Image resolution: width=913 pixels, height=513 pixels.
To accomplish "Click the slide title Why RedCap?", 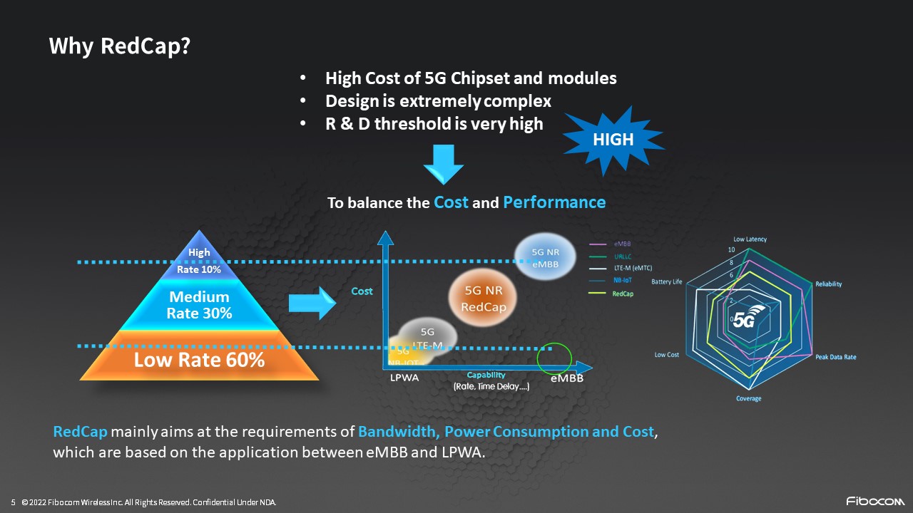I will [119, 46].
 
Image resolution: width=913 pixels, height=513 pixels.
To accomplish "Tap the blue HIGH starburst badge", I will [613, 140].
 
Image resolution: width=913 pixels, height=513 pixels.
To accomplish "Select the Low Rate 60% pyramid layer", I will [199, 360].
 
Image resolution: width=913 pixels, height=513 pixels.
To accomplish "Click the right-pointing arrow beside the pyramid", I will [312, 304].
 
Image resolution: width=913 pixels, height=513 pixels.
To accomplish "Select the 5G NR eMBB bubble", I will [545, 259].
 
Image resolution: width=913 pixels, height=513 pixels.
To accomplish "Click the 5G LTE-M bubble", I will [427, 337].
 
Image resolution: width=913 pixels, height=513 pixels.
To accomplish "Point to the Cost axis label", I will [362, 291].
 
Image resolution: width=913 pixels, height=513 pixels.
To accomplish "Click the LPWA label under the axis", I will [404, 378].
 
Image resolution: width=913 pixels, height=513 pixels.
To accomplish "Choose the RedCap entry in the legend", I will [623, 294].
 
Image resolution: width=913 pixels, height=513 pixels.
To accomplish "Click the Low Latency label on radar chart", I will [750, 239].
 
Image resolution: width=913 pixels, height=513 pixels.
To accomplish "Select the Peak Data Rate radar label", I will [835, 357].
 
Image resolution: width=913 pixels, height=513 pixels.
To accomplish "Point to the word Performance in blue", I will [554, 202].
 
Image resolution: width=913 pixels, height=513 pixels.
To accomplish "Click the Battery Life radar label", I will [666, 282].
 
